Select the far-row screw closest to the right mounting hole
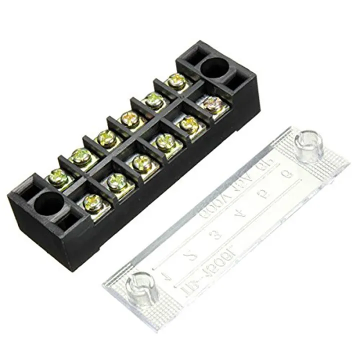point(176,79)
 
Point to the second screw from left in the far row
point(80,156)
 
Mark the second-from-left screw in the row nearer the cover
point(116,180)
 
